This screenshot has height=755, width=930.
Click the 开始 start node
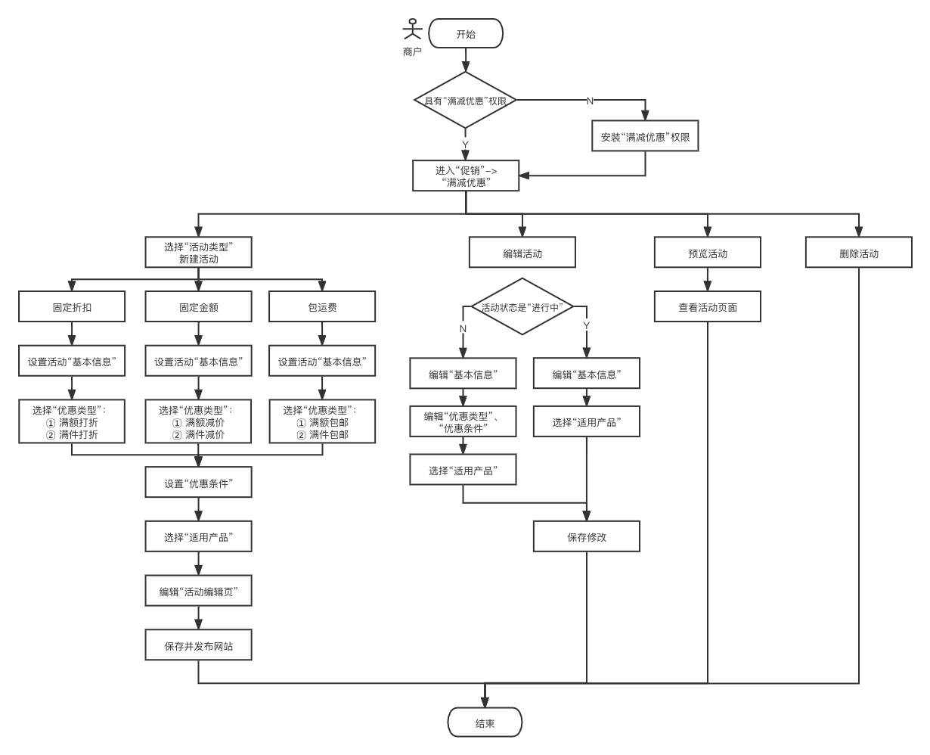pyautogui.click(x=466, y=34)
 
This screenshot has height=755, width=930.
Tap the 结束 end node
pyautogui.click(x=485, y=722)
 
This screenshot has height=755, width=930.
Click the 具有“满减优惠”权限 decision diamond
pyautogui.click(x=466, y=101)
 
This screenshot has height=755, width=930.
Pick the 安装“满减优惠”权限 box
pyautogui.click(x=645, y=137)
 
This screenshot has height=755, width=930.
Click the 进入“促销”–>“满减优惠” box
pyautogui.click(x=466, y=176)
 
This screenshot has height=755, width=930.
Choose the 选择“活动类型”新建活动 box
pyautogui.click(x=198, y=253)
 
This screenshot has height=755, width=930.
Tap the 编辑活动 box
pyautogui.click(x=522, y=253)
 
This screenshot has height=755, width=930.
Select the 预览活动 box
pyautogui.click(x=707, y=253)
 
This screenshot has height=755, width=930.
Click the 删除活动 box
pyautogui.click(x=858, y=253)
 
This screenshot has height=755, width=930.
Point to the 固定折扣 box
pyautogui.click(x=72, y=307)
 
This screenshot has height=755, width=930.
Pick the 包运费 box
pyautogui.click(x=322, y=307)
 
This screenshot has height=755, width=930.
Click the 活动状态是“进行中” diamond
pyautogui.click(x=522, y=307)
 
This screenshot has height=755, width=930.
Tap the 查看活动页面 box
pyautogui.click(x=707, y=307)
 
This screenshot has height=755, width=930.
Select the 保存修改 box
pyautogui.click(x=586, y=536)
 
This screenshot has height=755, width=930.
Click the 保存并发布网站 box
pyautogui.click(x=198, y=645)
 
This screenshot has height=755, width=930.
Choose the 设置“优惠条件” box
pyautogui.click(x=198, y=483)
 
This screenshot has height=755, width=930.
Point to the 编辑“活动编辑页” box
pyautogui.click(x=198, y=591)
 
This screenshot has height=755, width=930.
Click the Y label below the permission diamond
pyautogui.click(x=465, y=144)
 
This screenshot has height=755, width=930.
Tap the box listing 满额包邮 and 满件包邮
pyautogui.click(x=322, y=421)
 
